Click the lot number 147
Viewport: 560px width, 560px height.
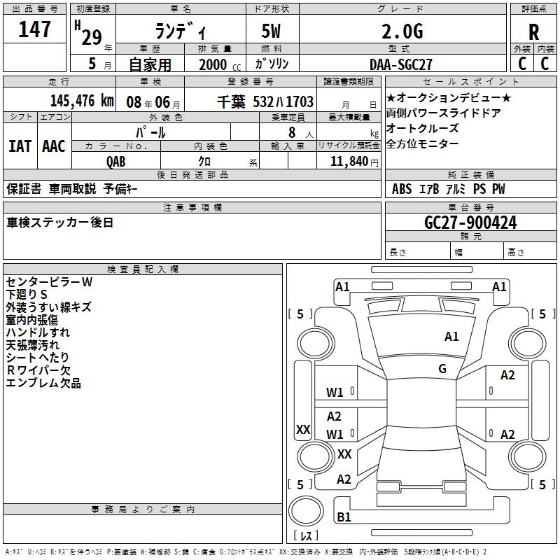point(35,29)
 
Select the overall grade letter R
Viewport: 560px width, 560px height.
point(533,32)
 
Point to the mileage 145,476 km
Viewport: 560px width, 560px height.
point(82,101)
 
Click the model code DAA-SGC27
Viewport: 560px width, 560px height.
point(401,64)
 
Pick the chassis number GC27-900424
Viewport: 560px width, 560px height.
point(470,223)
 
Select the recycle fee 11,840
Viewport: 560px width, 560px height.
point(348,162)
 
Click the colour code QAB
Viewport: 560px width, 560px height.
point(116,162)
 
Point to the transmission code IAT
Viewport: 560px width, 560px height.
point(20,146)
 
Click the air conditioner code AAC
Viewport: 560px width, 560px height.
point(54,146)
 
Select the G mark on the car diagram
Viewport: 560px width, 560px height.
point(442,369)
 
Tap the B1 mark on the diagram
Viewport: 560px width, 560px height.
point(344,517)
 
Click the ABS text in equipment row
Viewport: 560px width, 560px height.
point(402,189)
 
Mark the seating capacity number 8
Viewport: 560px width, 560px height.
point(290,132)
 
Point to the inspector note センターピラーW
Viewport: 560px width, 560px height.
point(49,282)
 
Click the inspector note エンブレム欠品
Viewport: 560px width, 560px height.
point(43,383)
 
